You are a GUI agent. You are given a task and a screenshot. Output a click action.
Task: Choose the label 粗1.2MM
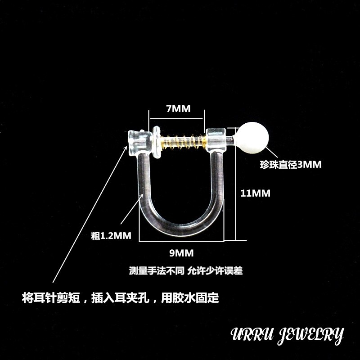111,235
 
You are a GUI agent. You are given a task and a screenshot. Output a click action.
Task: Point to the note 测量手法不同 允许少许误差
186,271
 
